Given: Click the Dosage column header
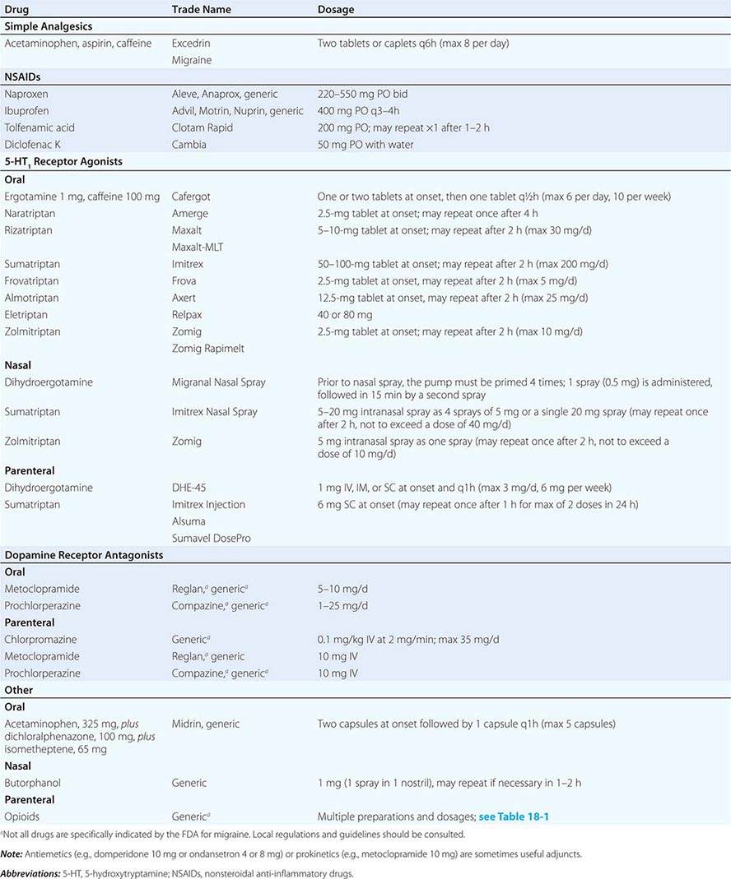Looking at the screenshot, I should (x=336, y=10).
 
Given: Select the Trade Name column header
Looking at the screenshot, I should (x=201, y=10).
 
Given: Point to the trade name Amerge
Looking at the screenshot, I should (x=189, y=213).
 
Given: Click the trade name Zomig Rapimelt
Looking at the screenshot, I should (x=209, y=349).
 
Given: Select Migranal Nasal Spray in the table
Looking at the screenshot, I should (x=218, y=382).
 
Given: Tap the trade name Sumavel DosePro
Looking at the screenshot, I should (x=212, y=538).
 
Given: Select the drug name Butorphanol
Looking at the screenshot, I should (x=32, y=783).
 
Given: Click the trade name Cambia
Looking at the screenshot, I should (x=189, y=144).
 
